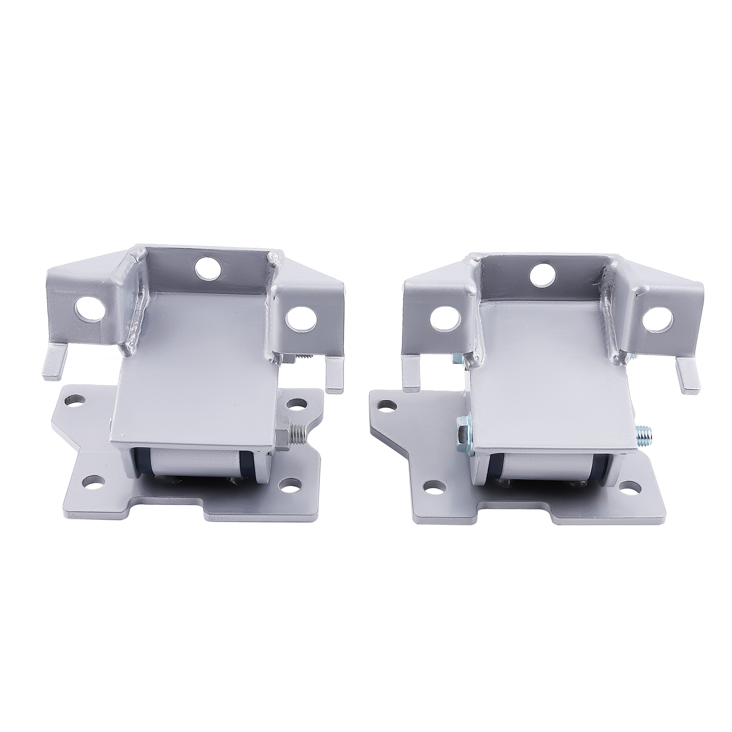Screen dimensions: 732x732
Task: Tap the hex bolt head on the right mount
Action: (x=463, y=430)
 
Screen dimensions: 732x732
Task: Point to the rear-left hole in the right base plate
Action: (x=388, y=404)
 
